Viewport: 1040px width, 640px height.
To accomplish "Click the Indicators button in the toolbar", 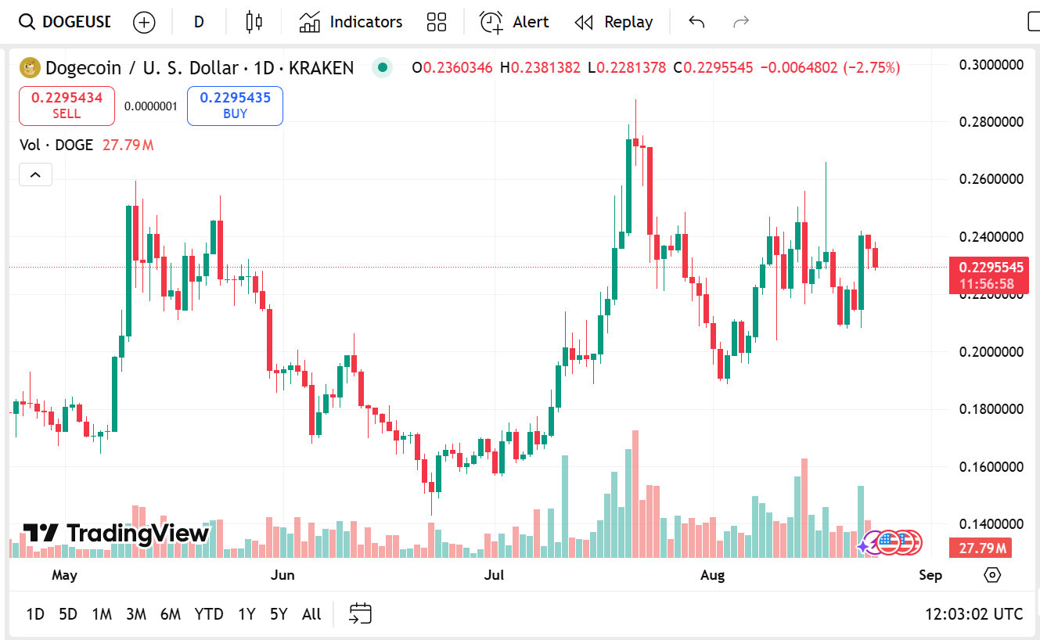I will (x=351, y=22).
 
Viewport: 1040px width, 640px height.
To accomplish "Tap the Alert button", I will (x=514, y=22).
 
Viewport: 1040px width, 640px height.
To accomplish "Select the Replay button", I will (x=614, y=22).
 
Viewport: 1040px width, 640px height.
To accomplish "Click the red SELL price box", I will (x=67, y=106).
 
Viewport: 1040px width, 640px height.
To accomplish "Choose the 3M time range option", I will (x=136, y=614).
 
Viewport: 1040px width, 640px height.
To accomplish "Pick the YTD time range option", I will (x=209, y=614).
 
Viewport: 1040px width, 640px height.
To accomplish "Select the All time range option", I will (x=311, y=614).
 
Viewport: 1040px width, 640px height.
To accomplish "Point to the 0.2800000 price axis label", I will (x=991, y=122).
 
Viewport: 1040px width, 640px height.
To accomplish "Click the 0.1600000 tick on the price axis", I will (x=991, y=467).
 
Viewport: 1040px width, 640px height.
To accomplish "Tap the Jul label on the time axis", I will (x=494, y=576).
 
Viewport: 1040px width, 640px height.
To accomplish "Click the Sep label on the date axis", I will (x=930, y=576).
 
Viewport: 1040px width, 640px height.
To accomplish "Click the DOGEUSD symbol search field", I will (x=66, y=22).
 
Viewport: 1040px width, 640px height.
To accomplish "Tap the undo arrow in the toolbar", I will (x=696, y=22).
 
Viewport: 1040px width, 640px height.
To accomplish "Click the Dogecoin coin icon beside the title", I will (x=30, y=68).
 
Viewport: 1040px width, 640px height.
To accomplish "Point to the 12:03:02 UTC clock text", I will (x=973, y=614).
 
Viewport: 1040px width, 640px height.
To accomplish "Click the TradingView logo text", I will (x=117, y=534).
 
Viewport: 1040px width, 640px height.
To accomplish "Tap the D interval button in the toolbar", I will (x=199, y=22).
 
